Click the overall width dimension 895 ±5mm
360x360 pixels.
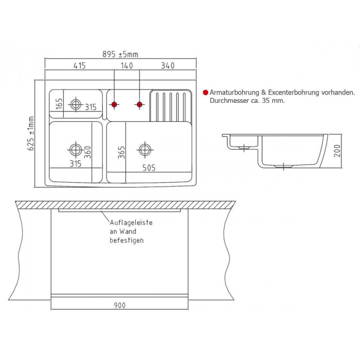(x=120, y=55)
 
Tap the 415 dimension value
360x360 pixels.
(x=79, y=66)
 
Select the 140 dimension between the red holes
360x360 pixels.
(x=127, y=66)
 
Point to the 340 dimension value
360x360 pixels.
(x=168, y=66)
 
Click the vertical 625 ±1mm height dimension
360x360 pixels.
(x=31, y=133)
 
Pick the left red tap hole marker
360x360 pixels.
(x=114, y=104)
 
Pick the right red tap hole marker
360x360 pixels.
(x=139, y=104)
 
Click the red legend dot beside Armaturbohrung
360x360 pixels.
(x=206, y=93)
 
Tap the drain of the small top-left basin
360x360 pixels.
(x=76, y=104)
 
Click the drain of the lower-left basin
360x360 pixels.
(x=76, y=150)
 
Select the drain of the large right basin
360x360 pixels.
(x=145, y=150)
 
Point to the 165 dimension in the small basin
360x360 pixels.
(x=59, y=104)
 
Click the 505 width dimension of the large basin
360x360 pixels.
(x=149, y=168)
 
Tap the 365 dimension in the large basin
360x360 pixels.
(x=121, y=152)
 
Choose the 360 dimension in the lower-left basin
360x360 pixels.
(x=87, y=152)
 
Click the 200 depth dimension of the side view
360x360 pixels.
(x=337, y=151)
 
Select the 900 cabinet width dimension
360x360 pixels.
(x=120, y=305)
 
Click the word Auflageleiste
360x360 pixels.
(x=131, y=223)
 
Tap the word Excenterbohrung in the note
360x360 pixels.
(x=294, y=93)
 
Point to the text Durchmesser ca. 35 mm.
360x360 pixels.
(x=247, y=101)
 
